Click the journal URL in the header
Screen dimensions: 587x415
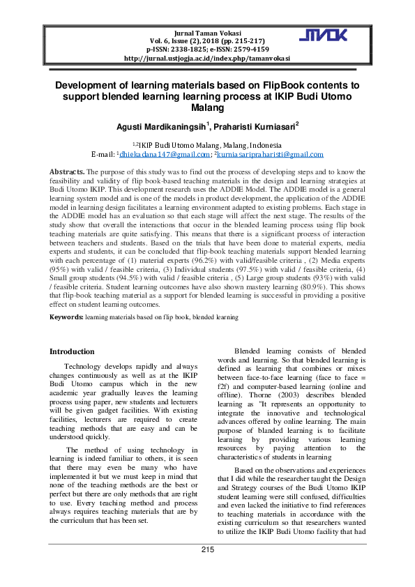206,59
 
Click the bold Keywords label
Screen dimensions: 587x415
66,317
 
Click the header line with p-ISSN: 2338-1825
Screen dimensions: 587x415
206,50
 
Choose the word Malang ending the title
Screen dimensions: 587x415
207,108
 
